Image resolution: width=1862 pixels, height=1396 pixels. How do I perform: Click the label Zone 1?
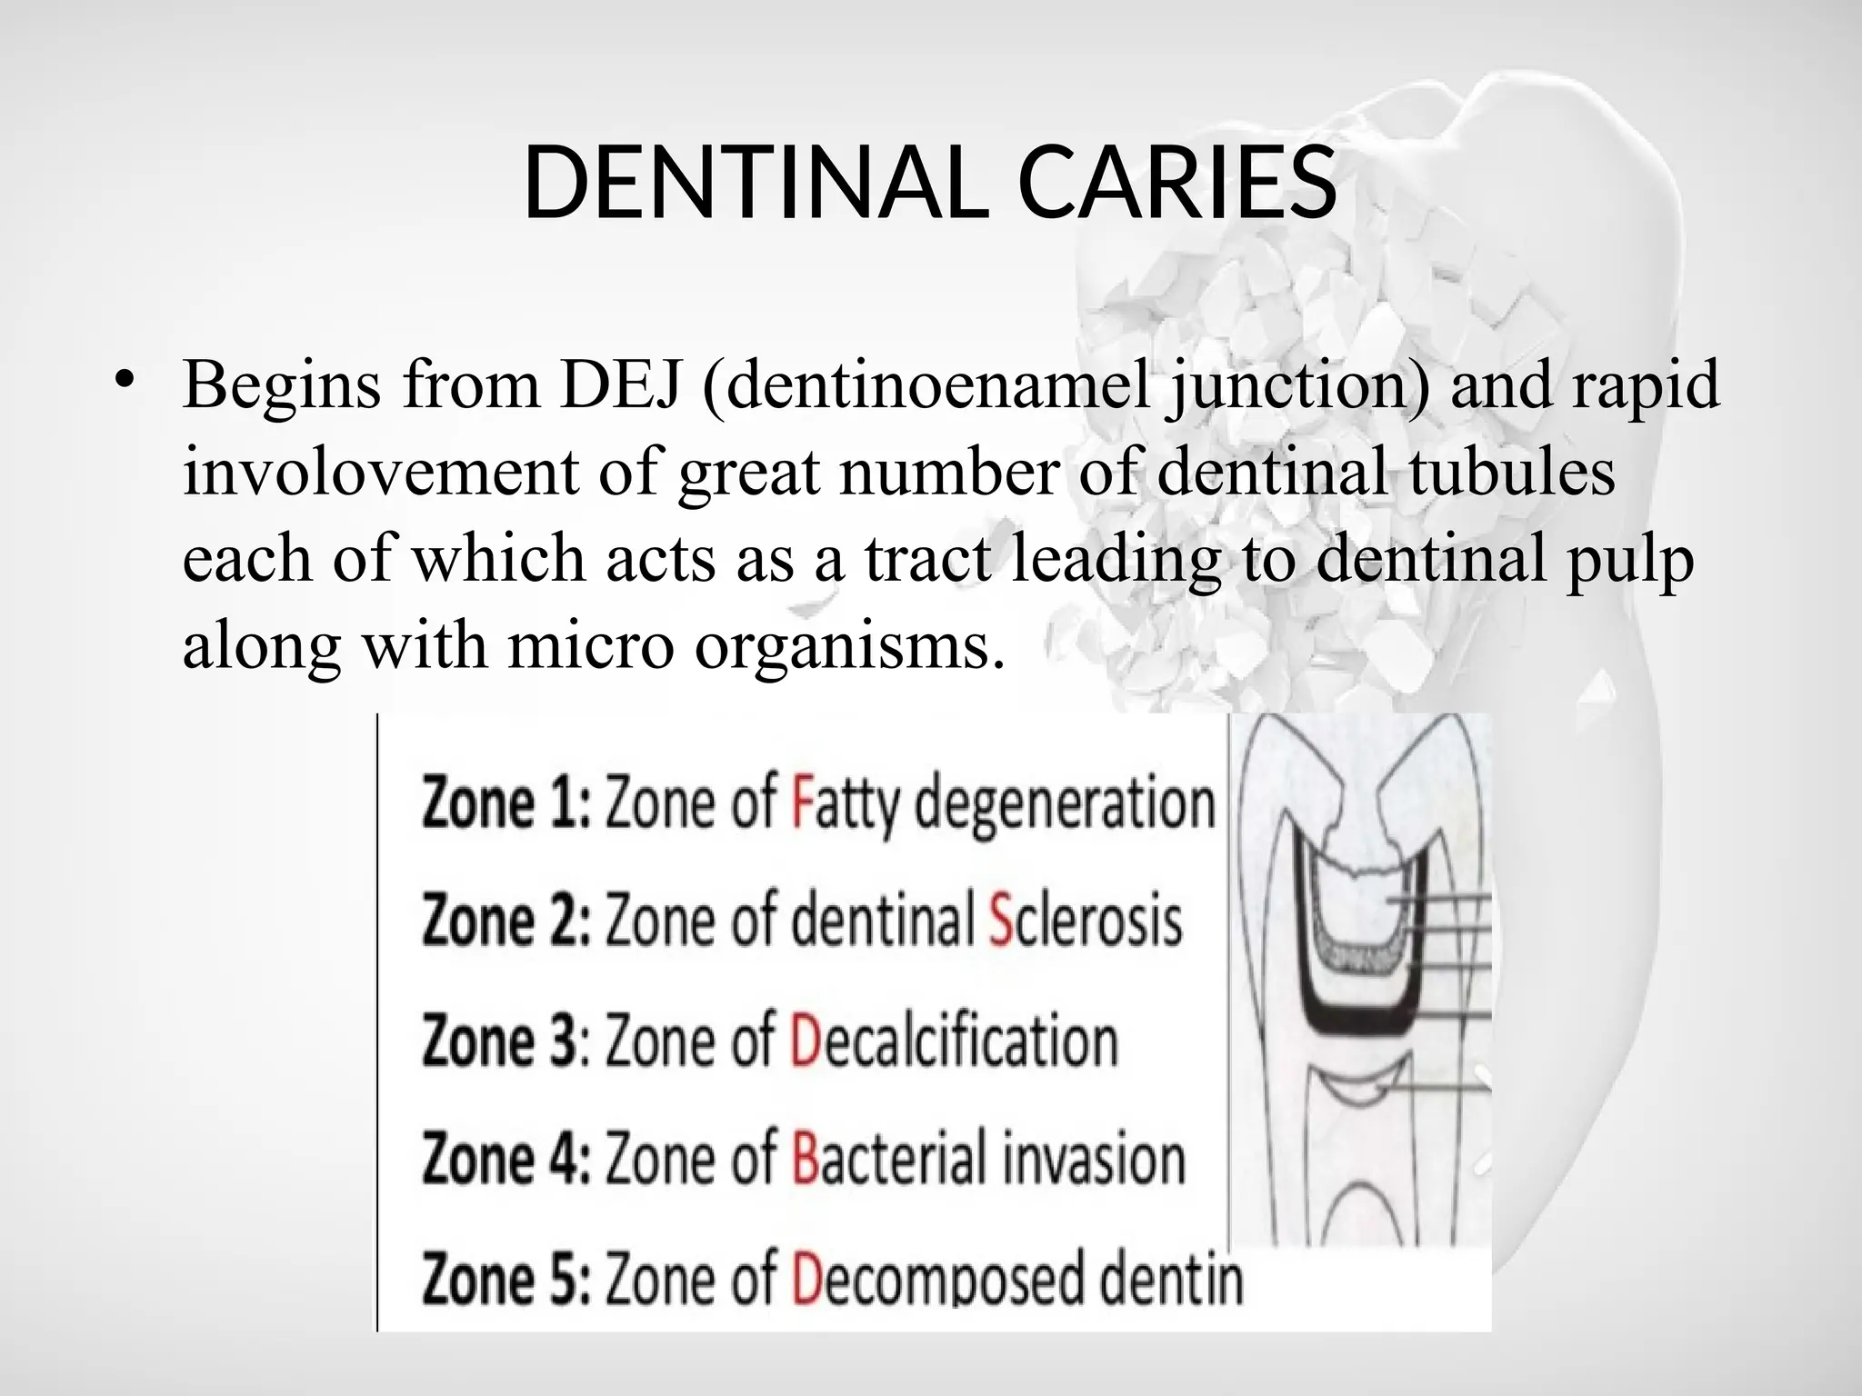point(506,803)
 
